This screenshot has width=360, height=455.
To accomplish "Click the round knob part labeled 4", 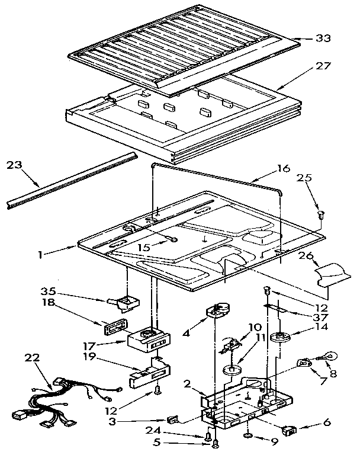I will point(217,312).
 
